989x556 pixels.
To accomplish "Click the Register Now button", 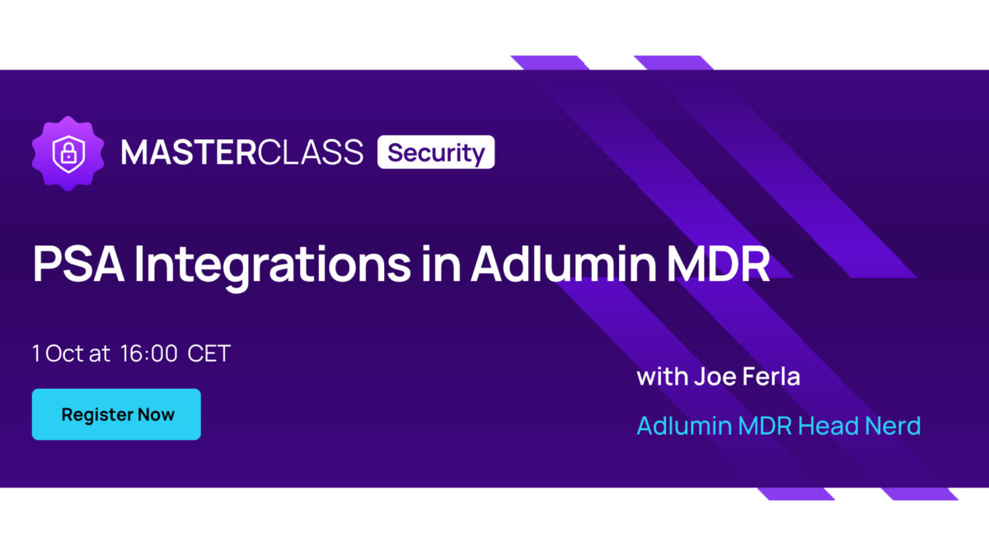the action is click(x=116, y=414).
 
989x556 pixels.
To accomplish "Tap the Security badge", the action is click(x=436, y=152).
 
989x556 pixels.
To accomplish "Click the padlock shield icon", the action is click(x=68, y=153).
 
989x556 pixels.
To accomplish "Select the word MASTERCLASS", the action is click(x=242, y=152).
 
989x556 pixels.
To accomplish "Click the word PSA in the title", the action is click(x=78, y=264).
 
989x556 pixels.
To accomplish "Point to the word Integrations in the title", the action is click(x=273, y=267).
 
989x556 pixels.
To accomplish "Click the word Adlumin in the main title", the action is click(x=564, y=263).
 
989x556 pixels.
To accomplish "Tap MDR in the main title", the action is click(x=719, y=264).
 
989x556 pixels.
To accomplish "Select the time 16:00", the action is click(x=149, y=353).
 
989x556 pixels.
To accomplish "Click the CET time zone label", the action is click(x=209, y=353).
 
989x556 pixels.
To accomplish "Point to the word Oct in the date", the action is click(x=64, y=353).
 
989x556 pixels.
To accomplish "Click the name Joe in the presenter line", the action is click(x=715, y=376).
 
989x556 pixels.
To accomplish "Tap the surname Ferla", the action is click(x=771, y=376).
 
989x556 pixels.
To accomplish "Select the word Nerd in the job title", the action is click(x=893, y=425).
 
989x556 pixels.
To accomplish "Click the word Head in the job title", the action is click(x=827, y=425).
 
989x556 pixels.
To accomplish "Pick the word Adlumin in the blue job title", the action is click(x=684, y=425).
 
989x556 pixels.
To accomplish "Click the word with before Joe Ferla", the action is click(x=663, y=376).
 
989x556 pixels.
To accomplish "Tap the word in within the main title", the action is click(x=442, y=264).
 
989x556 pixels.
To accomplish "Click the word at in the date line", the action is click(x=100, y=354).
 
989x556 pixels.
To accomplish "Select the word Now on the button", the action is click(x=156, y=414).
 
